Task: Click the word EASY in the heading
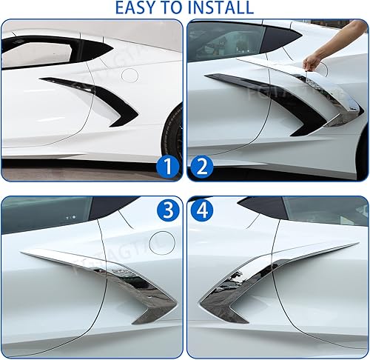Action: point(138,8)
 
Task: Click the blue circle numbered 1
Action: point(168,167)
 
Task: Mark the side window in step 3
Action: point(44,215)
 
